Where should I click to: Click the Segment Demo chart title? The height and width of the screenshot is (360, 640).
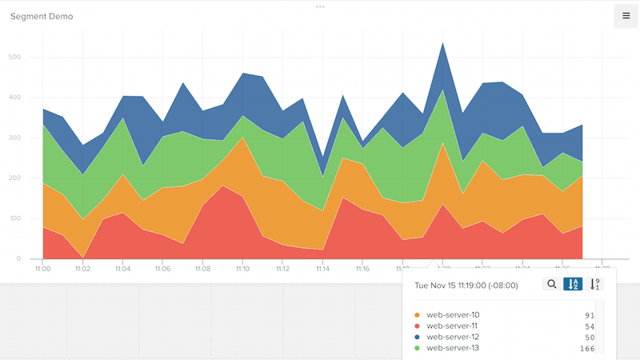[x=42, y=16]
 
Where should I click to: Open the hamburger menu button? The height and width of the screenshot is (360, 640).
[x=626, y=16]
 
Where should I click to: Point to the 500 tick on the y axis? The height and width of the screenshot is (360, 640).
[x=15, y=58]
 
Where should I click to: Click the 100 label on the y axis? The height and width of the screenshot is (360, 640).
[x=15, y=218]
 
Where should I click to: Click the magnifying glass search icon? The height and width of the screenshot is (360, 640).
[x=552, y=284]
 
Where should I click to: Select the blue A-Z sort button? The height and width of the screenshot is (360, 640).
[x=573, y=284]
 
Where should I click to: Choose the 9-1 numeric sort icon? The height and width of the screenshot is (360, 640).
[x=594, y=284]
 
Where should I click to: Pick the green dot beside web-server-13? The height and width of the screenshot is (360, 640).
[x=418, y=348]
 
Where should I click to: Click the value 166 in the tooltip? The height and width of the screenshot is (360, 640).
[x=588, y=348]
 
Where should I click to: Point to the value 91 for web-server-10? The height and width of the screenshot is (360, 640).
[x=590, y=314]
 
